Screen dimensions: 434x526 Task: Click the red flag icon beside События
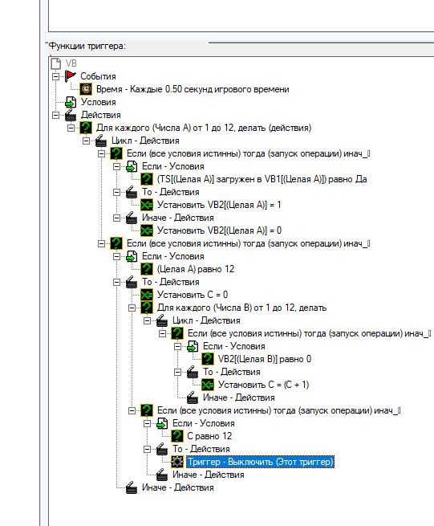(x=71, y=76)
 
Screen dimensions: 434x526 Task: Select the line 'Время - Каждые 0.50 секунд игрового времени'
(x=193, y=89)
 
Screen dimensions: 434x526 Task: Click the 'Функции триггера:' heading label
(x=87, y=46)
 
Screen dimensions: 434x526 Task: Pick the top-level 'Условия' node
(x=99, y=102)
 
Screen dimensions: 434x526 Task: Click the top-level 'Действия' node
(x=101, y=115)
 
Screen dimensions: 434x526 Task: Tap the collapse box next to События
(x=55, y=76)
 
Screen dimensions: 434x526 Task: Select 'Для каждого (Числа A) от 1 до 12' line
(x=204, y=128)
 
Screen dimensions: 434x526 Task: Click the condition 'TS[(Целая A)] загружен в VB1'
(x=262, y=179)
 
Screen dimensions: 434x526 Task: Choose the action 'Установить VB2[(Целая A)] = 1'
(x=219, y=205)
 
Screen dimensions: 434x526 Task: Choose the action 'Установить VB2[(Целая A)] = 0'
(x=220, y=230)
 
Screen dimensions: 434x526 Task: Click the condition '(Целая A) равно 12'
(x=196, y=269)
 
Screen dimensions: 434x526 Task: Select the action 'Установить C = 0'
(x=193, y=295)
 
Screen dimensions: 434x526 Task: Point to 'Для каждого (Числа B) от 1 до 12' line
(x=242, y=308)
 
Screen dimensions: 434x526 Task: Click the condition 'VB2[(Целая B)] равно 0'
(x=265, y=359)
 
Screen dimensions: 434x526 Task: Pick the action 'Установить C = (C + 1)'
(x=264, y=385)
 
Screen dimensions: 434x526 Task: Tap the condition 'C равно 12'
(x=209, y=436)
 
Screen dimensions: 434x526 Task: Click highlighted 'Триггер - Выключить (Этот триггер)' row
(x=261, y=462)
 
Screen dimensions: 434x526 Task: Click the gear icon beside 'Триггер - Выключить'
(x=177, y=462)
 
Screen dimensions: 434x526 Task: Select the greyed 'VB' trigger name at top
(x=71, y=63)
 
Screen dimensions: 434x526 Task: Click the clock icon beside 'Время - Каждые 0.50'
(x=86, y=89)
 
